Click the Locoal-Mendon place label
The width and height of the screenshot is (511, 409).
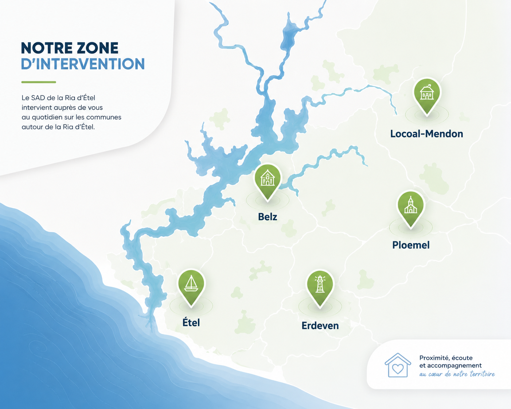[x=427, y=134]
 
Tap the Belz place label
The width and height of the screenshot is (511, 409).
[x=268, y=217]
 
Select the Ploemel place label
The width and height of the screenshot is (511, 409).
[x=411, y=245]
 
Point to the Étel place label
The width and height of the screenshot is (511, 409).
[x=191, y=322]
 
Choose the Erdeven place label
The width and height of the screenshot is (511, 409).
[x=320, y=326]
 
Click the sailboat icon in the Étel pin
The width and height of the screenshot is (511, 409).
[x=191, y=283]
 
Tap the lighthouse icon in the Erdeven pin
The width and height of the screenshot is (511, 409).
[x=320, y=284]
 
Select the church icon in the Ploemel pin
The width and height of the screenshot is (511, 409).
[x=410, y=205]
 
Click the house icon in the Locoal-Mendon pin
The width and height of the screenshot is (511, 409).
[x=427, y=92]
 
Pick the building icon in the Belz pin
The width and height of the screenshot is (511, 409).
[x=268, y=177]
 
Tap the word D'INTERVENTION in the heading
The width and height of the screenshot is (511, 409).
[x=83, y=64]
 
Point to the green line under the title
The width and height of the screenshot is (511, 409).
[x=39, y=82]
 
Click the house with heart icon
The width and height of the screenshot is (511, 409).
[x=398, y=365]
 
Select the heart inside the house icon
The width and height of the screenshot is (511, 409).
[x=398, y=369]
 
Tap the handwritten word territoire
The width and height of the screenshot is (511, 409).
[x=482, y=374]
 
